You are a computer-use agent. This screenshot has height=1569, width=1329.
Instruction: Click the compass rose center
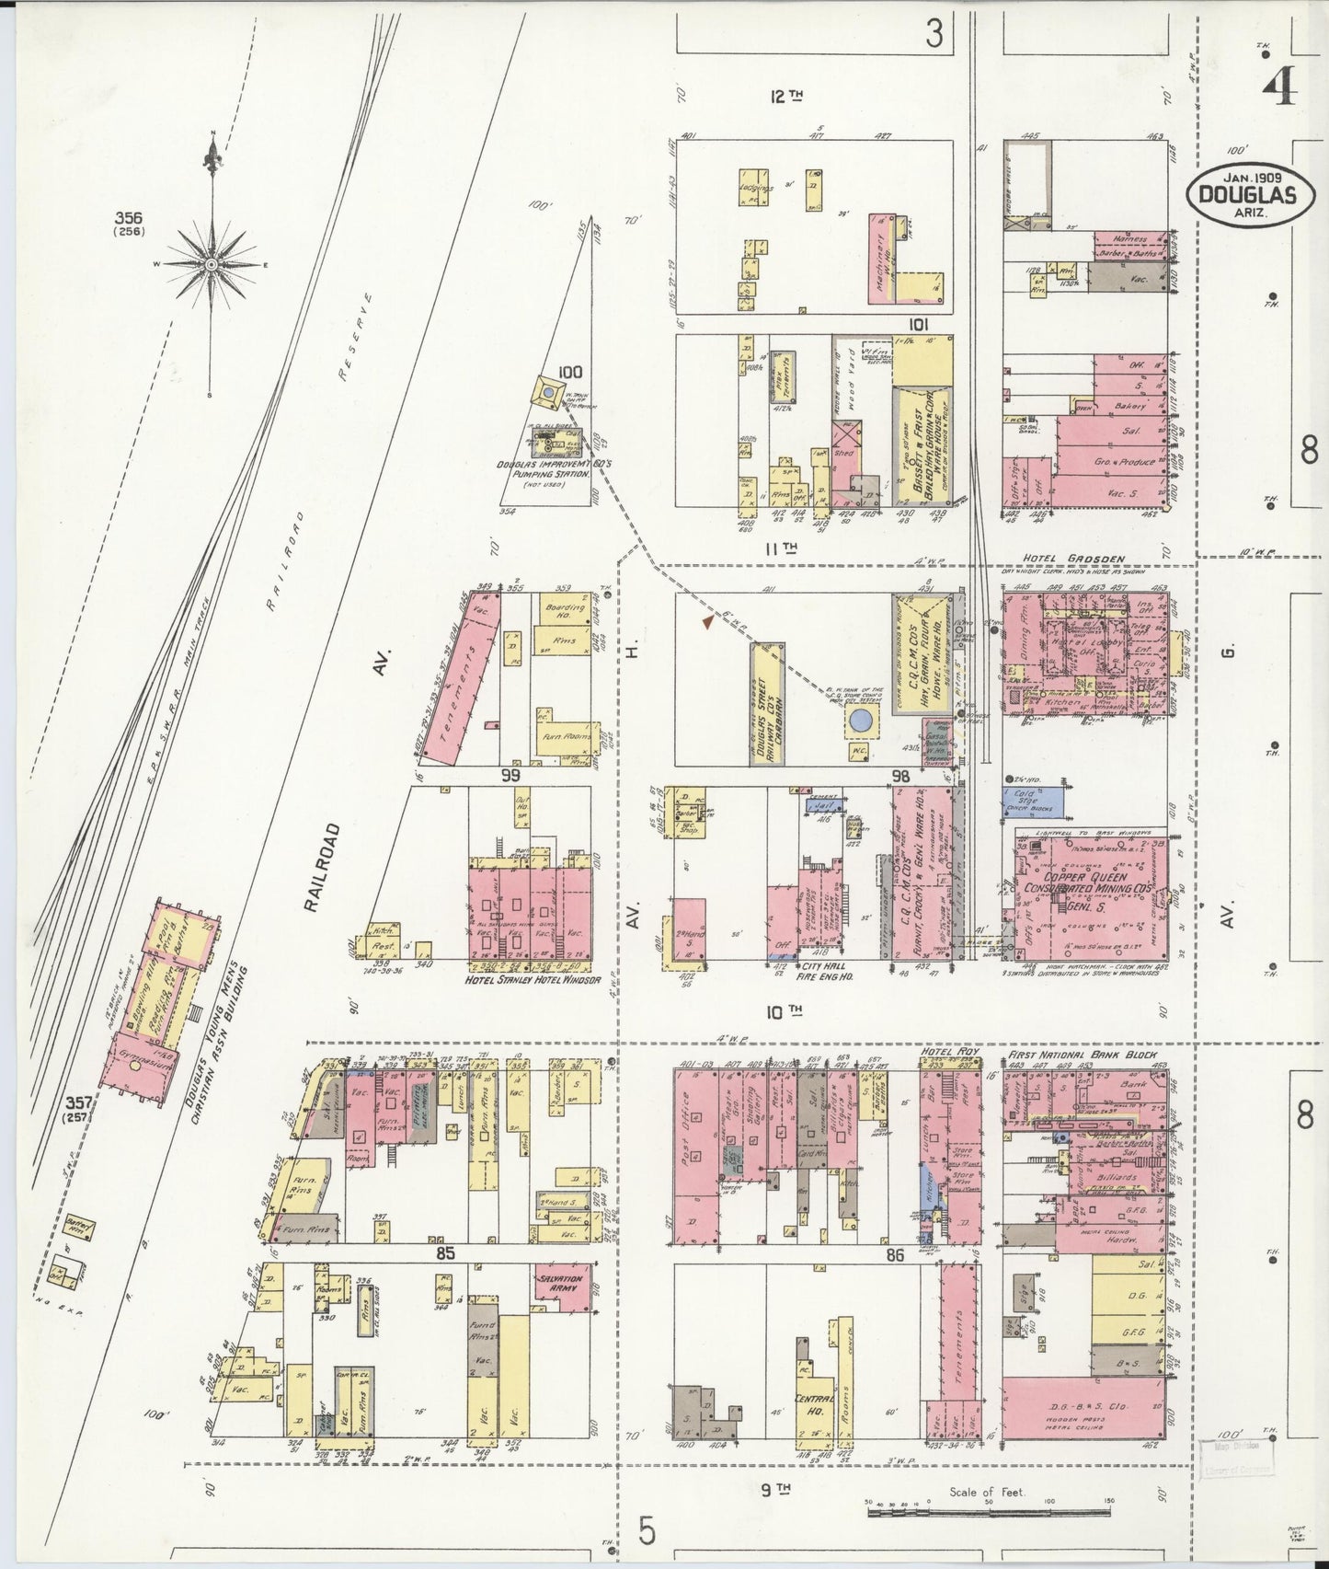[212, 264]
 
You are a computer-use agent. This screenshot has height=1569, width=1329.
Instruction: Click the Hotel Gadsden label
[1071, 559]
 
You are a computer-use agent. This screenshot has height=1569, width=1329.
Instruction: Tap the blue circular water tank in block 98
[861, 721]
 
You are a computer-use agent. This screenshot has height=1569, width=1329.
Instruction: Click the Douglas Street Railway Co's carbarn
[766, 703]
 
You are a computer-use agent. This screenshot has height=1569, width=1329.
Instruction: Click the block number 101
[917, 324]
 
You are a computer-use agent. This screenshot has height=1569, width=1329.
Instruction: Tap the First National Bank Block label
[1083, 1054]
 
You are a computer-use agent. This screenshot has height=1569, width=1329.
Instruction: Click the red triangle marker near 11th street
[707, 623]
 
